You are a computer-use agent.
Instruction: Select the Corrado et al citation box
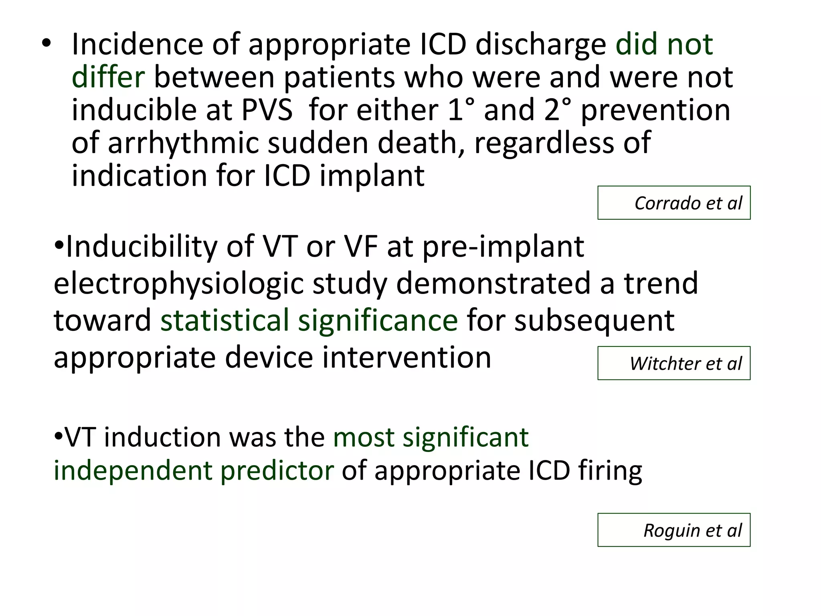click(x=673, y=203)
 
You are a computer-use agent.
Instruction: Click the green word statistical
click(x=225, y=320)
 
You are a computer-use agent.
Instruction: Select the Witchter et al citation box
click(x=673, y=363)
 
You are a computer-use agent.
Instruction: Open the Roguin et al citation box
click(x=673, y=530)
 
